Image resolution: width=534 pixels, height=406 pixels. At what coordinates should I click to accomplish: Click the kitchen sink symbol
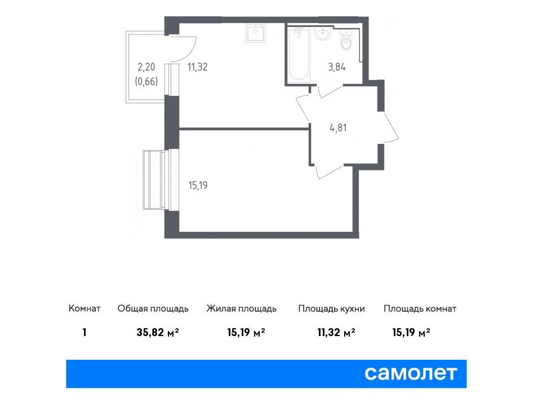pyautogui.click(x=255, y=33)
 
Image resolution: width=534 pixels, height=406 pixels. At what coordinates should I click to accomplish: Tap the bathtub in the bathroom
pyautogui.click(x=299, y=55)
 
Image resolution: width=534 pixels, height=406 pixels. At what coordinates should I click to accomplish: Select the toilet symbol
pyautogui.click(x=346, y=40)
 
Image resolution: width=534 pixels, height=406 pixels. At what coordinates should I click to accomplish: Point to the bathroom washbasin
pyautogui.click(x=322, y=34)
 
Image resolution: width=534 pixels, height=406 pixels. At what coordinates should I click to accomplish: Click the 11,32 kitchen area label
pyautogui.click(x=198, y=67)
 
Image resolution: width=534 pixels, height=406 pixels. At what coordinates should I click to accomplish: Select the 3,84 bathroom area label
pyautogui.click(x=337, y=67)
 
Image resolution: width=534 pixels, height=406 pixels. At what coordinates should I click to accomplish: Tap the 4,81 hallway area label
pyautogui.click(x=338, y=128)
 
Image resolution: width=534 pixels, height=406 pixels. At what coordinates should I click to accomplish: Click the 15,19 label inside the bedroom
pyautogui.click(x=198, y=186)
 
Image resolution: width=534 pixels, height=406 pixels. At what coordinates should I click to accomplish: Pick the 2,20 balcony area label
pyautogui.click(x=146, y=67)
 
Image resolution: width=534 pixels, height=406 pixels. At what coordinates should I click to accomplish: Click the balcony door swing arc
pyautogui.click(x=193, y=51)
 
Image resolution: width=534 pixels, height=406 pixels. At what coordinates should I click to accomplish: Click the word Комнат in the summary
pyautogui.click(x=84, y=308)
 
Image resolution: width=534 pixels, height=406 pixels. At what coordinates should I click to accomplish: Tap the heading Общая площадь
pyautogui.click(x=153, y=309)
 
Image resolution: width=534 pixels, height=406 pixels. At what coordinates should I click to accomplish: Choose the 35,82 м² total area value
pyautogui.click(x=158, y=332)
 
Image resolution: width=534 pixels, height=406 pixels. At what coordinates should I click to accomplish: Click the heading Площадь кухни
pyautogui.click(x=331, y=309)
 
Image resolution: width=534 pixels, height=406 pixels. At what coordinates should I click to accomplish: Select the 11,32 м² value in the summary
pyautogui.click(x=336, y=332)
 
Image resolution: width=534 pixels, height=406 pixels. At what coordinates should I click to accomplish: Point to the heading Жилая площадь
pyautogui.click(x=242, y=309)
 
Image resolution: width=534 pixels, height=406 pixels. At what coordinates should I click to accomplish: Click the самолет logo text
pyautogui.click(x=411, y=374)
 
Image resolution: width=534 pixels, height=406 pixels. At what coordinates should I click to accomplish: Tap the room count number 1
pyautogui.click(x=84, y=332)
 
